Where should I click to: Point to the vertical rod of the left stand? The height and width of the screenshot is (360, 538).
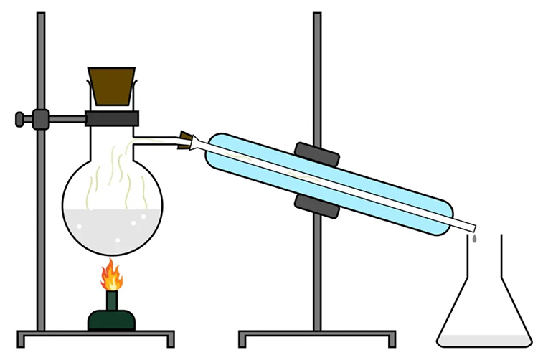point(41,215)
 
